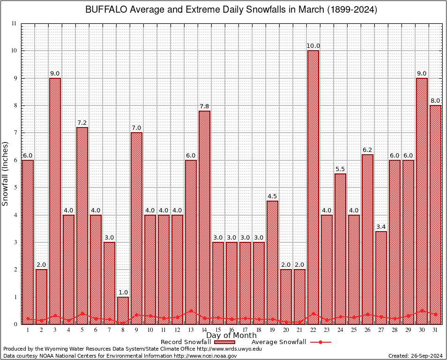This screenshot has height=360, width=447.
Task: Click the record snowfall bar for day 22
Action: [x=313, y=187]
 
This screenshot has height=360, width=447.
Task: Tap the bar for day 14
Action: [x=204, y=217]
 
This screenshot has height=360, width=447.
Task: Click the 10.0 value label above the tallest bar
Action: [x=313, y=46]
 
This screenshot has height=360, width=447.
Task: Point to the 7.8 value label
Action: [x=204, y=106]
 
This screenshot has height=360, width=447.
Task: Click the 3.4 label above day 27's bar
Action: [x=381, y=227]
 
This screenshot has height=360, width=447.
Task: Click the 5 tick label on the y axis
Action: [x=15, y=187]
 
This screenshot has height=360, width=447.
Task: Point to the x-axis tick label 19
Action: [x=272, y=330]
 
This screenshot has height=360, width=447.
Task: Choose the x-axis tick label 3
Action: [x=55, y=330]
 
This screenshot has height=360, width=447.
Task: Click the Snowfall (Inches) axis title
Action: [x=6, y=173]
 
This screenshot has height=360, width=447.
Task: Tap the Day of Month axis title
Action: [x=231, y=336]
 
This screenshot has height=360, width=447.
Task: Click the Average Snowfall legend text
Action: [x=278, y=342]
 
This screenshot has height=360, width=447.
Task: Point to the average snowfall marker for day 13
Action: [x=191, y=310]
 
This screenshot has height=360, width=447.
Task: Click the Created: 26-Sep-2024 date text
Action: [x=415, y=356]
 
